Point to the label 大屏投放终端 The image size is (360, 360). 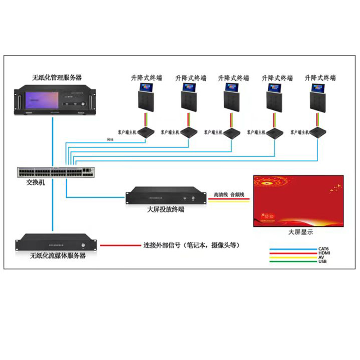(166, 209)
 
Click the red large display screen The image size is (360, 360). (298, 201)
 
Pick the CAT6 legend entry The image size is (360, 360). (324, 248)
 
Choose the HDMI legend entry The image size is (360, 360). (324, 253)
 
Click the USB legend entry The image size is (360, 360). (322, 261)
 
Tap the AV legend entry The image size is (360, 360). (321, 257)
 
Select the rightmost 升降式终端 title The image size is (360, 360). (320, 77)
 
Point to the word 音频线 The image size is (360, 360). (237, 195)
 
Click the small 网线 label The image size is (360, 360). (110, 140)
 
